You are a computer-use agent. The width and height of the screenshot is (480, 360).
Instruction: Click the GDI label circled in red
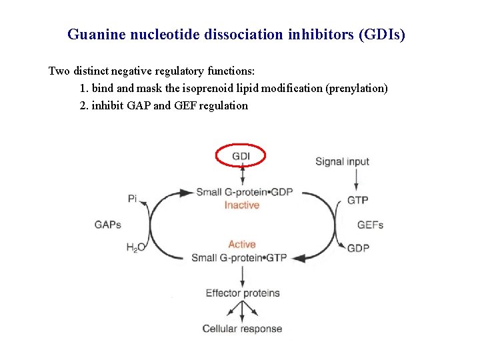pyautogui.click(x=241, y=156)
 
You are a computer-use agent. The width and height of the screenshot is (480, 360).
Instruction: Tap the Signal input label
pyautogui.click(x=342, y=161)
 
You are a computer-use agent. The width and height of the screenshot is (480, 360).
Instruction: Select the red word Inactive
pyautogui.click(x=241, y=205)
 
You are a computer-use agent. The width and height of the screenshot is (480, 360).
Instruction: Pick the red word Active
pyautogui.click(x=241, y=245)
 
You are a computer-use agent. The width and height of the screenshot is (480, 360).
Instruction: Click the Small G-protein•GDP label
pyautogui.click(x=244, y=193)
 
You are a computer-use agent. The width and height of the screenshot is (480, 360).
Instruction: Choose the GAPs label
pyautogui.click(x=108, y=225)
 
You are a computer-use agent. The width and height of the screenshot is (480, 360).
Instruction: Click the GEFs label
pyautogui.click(x=370, y=225)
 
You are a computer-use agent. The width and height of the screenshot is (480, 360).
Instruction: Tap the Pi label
pyautogui.click(x=132, y=198)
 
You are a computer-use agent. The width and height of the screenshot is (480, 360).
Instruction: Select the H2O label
pyautogui.click(x=135, y=248)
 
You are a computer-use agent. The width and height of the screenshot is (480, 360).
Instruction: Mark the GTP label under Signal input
pyautogui.click(x=357, y=200)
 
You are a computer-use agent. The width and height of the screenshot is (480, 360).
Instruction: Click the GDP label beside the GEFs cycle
pyautogui.click(x=358, y=248)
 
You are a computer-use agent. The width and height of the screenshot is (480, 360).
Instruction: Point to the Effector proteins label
pyautogui.click(x=242, y=293)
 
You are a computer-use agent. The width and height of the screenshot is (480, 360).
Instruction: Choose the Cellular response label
pyautogui.click(x=242, y=329)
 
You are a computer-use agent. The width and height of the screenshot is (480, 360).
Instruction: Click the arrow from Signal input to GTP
pyautogui.click(x=357, y=179)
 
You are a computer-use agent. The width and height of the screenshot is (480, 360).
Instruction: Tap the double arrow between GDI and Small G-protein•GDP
pyautogui.click(x=242, y=175)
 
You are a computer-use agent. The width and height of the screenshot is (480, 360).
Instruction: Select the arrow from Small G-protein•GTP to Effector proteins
pyautogui.click(x=242, y=275)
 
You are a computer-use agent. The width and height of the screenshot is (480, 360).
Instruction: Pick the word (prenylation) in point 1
pyautogui.click(x=356, y=88)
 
